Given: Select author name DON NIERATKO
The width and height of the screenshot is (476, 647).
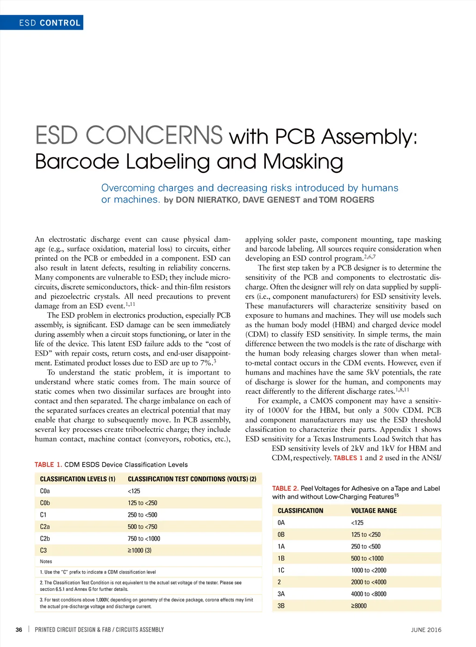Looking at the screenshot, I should (206, 200).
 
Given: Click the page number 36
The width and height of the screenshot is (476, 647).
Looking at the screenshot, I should (19, 630).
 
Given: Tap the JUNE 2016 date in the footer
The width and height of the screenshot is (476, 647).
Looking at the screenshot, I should (426, 630).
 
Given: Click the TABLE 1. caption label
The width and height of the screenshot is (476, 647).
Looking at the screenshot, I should (48, 465).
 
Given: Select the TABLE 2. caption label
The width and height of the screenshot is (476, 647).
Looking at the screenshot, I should (285, 489).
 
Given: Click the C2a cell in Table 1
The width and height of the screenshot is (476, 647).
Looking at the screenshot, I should (45, 527).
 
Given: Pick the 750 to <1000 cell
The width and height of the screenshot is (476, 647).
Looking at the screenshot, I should (144, 539).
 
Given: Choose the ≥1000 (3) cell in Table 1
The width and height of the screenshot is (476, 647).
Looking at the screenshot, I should (139, 550).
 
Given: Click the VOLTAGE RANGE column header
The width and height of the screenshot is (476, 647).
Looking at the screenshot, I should (374, 511).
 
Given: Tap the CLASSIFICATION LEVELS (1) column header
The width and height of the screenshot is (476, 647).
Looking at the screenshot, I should (78, 479).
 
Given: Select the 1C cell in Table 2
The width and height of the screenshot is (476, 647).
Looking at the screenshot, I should (281, 570).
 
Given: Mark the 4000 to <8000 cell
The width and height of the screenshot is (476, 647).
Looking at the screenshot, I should (369, 594).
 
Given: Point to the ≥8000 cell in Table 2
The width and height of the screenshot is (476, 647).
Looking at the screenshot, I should (359, 606).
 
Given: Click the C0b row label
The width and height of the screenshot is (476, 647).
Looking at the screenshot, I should (45, 503).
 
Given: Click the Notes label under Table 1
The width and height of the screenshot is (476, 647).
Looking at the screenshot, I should (46, 561).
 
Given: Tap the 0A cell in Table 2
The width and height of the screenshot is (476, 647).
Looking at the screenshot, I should (281, 523).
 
